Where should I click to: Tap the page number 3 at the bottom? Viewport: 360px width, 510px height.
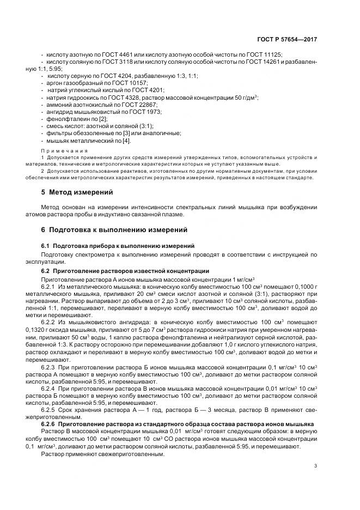coord(316,465)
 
